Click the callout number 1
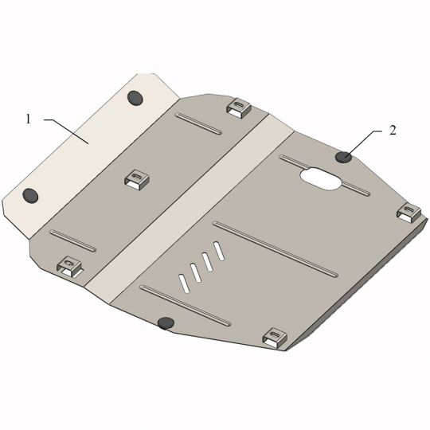click(x=28, y=119)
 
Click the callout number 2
click(x=393, y=131)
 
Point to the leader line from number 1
click(x=66, y=131)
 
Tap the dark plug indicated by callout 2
click(x=344, y=157)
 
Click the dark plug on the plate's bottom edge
click(x=166, y=322)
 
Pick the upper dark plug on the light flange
click(x=135, y=98)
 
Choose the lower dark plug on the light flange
click(x=30, y=196)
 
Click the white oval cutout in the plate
click(x=321, y=178)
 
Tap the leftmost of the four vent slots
click(x=184, y=283)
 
